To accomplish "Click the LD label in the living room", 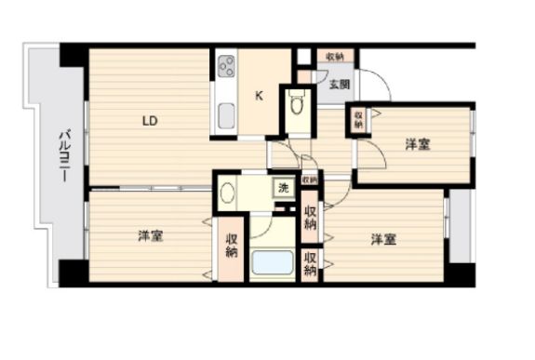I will tap(149, 120).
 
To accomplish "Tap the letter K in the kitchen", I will tap(261, 93).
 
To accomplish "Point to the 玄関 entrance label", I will tap(339, 84).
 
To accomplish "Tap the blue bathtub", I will tap(273, 261).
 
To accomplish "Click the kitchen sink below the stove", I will tap(226, 117).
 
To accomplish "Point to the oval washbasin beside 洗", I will tap(228, 193).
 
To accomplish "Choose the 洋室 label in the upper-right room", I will tap(417, 144).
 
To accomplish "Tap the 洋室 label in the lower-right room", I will tap(383, 239).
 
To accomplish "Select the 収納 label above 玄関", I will tap(335, 57).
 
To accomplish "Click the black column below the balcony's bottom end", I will tap(73, 272).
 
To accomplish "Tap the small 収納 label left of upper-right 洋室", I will tap(358, 120).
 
